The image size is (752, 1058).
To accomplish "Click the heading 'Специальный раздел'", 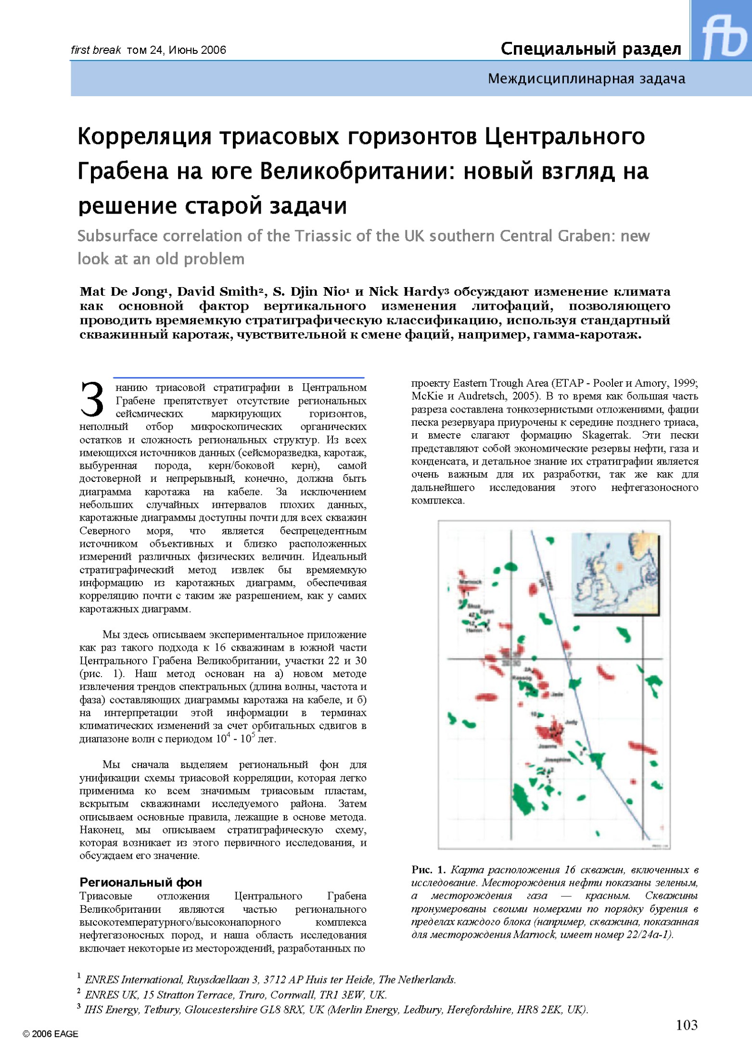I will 590,49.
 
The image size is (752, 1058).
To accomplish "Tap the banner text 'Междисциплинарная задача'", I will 586,78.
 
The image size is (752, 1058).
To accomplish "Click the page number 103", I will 686,1025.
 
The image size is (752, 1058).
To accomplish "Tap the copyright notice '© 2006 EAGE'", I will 50,1034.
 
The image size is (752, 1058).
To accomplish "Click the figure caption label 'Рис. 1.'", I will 428,869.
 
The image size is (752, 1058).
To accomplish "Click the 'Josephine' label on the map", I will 557,760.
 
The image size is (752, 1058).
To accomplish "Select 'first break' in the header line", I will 96,50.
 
